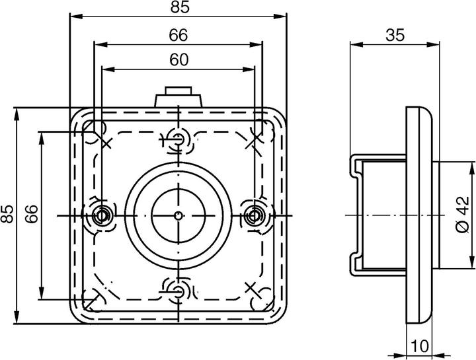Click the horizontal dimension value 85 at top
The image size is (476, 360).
click(x=178, y=7)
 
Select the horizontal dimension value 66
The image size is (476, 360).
click(x=178, y=34)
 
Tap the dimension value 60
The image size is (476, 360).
click(x=178, y=59)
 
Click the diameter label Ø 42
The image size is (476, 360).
click(x=462, y=215)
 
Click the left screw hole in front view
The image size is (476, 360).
click(x=102, y=215)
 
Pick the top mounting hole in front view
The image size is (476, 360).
click(x=178, y=139)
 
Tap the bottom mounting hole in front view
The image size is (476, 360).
click(x=178, y=290)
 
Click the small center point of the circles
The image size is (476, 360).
click(x=178, y=215)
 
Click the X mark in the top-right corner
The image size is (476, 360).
click(x=255, y=140)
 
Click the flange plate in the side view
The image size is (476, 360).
click(x=418, y=215)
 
